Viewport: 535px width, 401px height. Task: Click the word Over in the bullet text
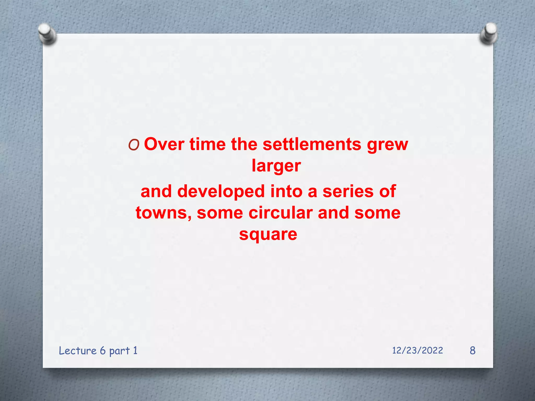coord(164,144)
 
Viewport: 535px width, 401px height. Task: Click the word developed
coord(221,191)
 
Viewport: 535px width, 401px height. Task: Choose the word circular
coord(281,213)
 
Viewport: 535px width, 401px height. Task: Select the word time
coord(207,144)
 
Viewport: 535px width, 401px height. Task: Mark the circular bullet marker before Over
coord(134,145)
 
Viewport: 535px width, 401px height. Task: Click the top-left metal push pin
coord(46,33)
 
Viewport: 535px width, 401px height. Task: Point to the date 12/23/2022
coord(417,350)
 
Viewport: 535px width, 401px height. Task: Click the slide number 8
coord(472,350)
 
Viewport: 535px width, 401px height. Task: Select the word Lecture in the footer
coord(78,351)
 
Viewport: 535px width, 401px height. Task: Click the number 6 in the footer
coord(103,351)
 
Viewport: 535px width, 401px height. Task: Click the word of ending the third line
coord(387,191)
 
